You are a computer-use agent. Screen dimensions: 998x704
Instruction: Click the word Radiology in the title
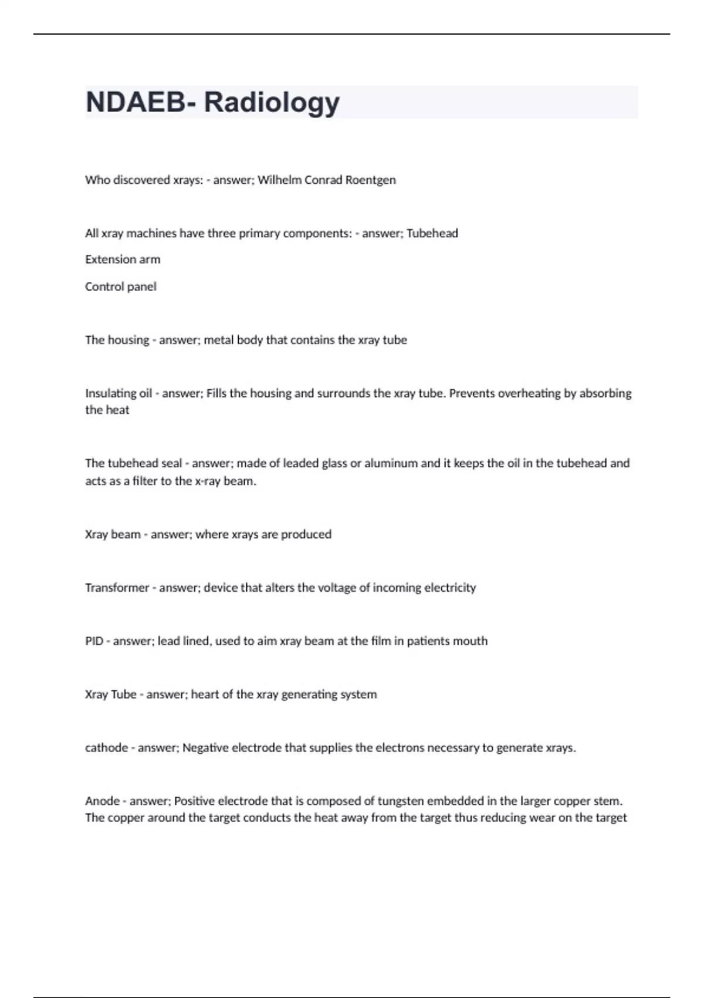272,102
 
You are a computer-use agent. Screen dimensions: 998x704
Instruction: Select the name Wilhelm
279,180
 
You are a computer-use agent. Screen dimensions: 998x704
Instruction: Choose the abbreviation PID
94,641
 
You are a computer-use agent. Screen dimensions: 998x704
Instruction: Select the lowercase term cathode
106,748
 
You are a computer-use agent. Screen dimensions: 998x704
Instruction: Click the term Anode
102,801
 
